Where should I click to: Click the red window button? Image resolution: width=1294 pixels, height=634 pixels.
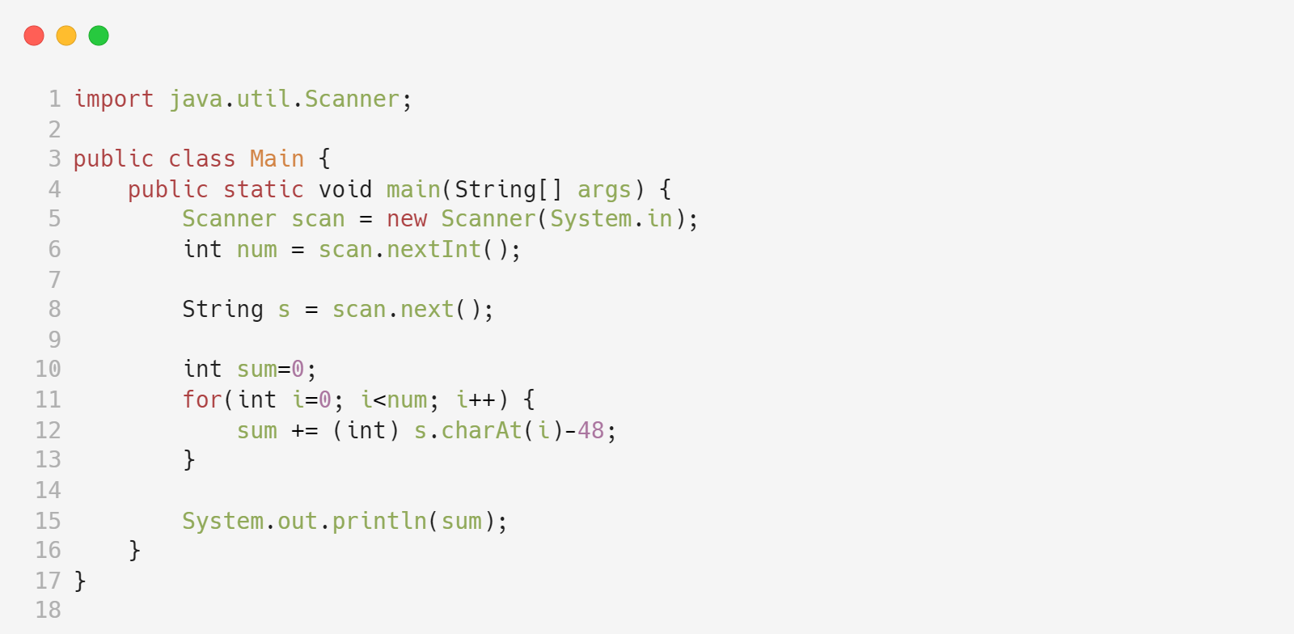click(34, 36)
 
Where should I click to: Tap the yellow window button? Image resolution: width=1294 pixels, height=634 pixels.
click(66, 36)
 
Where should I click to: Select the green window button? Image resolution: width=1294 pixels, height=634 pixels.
click(99, 36)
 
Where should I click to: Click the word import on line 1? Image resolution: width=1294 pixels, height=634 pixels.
click(113, 99)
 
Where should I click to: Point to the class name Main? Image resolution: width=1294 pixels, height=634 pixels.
click(277, 158)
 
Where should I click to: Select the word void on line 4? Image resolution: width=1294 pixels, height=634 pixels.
click(345, 189)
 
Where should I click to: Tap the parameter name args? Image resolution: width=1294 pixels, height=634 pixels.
click(603, 189)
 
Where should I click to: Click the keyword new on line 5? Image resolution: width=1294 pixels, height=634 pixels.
click(406, 219)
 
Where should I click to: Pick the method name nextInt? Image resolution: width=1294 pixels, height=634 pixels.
click(433, 250)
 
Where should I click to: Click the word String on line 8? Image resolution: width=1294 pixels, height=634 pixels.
click(222, 310)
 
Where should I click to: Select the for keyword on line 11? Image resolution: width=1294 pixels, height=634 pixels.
click(201, 399)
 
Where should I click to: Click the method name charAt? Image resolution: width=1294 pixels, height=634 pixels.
click(481, 430)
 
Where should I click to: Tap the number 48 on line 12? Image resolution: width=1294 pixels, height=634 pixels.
click(590, 430)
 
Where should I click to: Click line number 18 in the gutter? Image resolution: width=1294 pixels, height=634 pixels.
click(49, 610)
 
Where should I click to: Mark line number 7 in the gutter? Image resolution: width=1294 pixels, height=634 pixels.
click(55, 280)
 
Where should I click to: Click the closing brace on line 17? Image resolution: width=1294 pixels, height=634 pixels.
click(80, 581)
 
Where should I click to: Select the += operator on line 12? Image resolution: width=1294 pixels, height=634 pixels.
click(304, 431)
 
